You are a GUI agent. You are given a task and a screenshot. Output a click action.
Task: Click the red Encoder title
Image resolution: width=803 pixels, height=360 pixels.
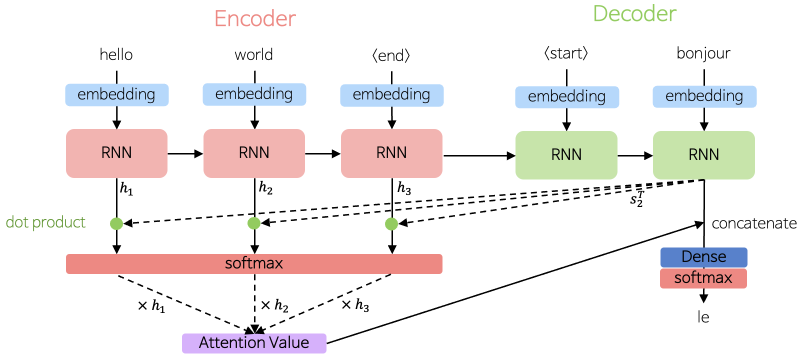tap(255, 19)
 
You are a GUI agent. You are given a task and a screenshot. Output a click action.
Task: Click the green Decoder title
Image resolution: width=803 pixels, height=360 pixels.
tap(634, 14)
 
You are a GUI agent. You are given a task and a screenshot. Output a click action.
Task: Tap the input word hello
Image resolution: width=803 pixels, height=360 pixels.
tap(116, 54)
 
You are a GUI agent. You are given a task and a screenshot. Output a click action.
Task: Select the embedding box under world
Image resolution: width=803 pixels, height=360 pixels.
tap(254, 94)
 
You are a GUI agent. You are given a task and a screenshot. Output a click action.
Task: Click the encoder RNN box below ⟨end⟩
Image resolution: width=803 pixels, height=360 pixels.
tap(391, 153)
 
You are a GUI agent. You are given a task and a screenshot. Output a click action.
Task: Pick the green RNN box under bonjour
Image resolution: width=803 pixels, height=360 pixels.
tap(703, 155)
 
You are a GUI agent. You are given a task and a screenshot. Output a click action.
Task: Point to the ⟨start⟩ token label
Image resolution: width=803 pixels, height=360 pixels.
tap(566, 53)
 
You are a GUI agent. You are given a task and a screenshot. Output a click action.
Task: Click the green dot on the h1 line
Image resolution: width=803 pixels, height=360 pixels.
tap(116, 223)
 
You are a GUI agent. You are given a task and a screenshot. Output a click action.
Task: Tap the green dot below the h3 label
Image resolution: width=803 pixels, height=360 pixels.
tap(391, 224)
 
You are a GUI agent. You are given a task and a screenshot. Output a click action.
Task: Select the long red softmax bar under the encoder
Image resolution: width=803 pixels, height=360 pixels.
tap(254, 263)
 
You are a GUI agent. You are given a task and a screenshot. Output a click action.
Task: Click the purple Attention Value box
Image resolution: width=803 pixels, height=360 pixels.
tap(254, 343)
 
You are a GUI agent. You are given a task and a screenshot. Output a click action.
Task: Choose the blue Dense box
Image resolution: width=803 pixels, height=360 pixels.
tap(703, 257)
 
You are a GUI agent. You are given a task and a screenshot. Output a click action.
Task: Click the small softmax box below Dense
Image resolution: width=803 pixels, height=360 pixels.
tap(703, 278)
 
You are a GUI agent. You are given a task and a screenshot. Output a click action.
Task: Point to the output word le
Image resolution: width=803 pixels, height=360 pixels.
tap(703, 317)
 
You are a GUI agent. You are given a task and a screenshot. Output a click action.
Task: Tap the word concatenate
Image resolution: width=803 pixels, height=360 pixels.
tap(754, 223)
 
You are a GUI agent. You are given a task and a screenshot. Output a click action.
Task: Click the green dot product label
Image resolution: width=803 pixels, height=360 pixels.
tap(45, 222)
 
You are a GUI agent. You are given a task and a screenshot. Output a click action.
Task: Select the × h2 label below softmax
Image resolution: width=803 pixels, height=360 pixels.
tap(274, 305)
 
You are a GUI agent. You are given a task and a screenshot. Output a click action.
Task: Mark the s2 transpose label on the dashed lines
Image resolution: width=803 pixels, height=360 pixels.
tap(637, 199)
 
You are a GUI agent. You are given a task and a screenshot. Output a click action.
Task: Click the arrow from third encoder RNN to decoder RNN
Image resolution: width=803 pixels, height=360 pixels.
tap(479, 156)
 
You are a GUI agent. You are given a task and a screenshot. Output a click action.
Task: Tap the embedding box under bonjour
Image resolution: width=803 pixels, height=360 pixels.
tap(704, 96)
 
